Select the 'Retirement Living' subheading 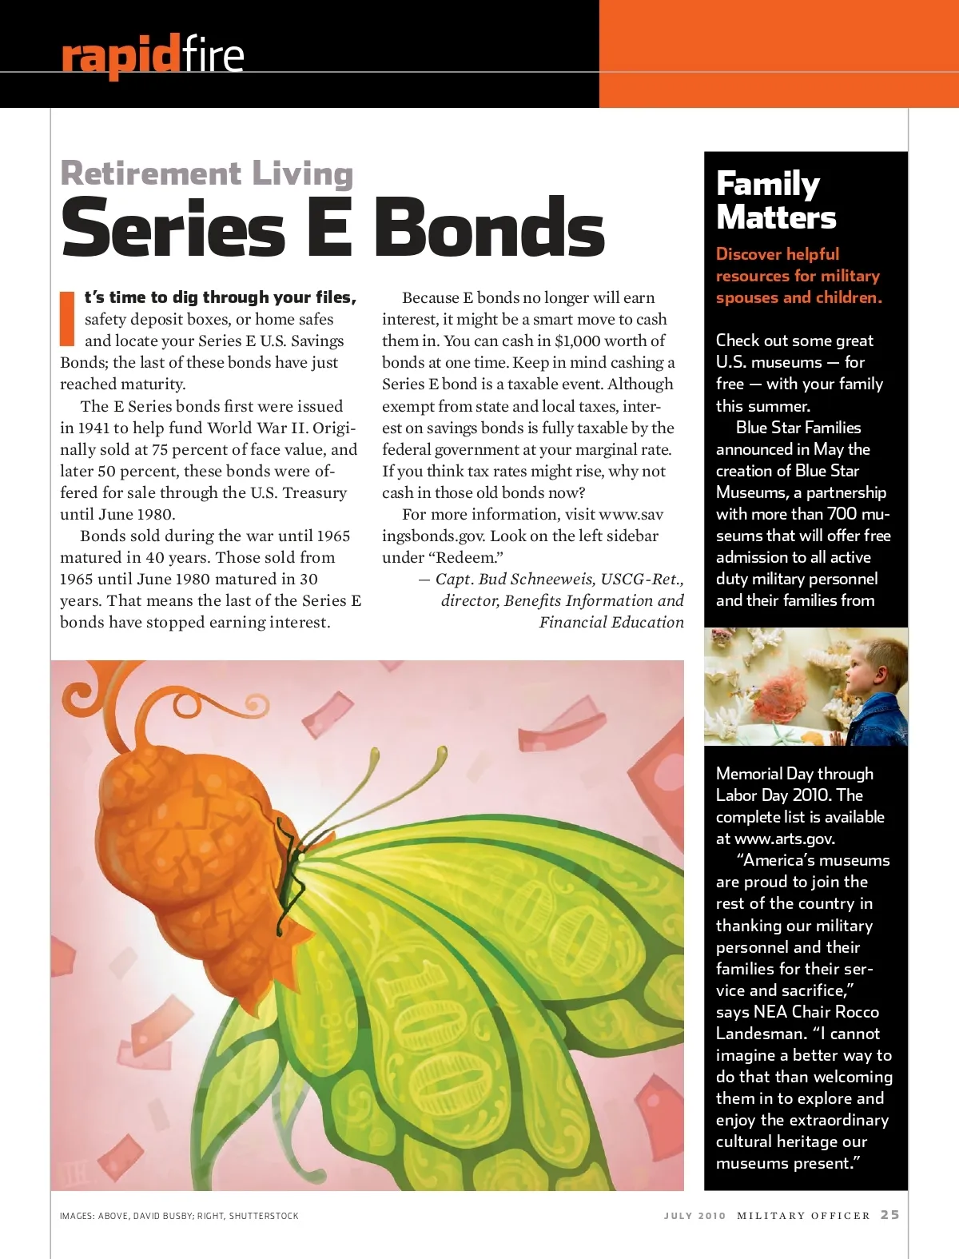(206, 173)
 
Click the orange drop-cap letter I (68, 318)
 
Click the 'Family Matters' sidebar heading (775, 201)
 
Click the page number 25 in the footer (889, 1214)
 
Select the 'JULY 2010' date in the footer (694, 1216)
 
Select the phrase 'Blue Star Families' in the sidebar (798, 428)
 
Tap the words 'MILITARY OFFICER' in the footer (803, 1216)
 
